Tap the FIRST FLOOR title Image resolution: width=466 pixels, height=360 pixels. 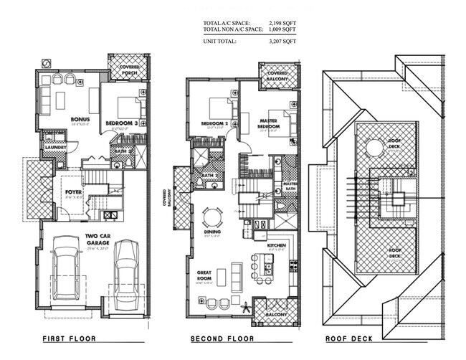pos(70,338)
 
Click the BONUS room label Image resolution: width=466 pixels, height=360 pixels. pos(79,119)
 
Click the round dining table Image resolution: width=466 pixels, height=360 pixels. pos(213,217)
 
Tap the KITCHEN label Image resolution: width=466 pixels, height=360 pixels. pos(276,245)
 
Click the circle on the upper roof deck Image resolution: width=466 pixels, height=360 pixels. pos(374,148)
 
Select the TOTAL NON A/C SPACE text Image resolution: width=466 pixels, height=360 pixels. pos(230,29)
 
